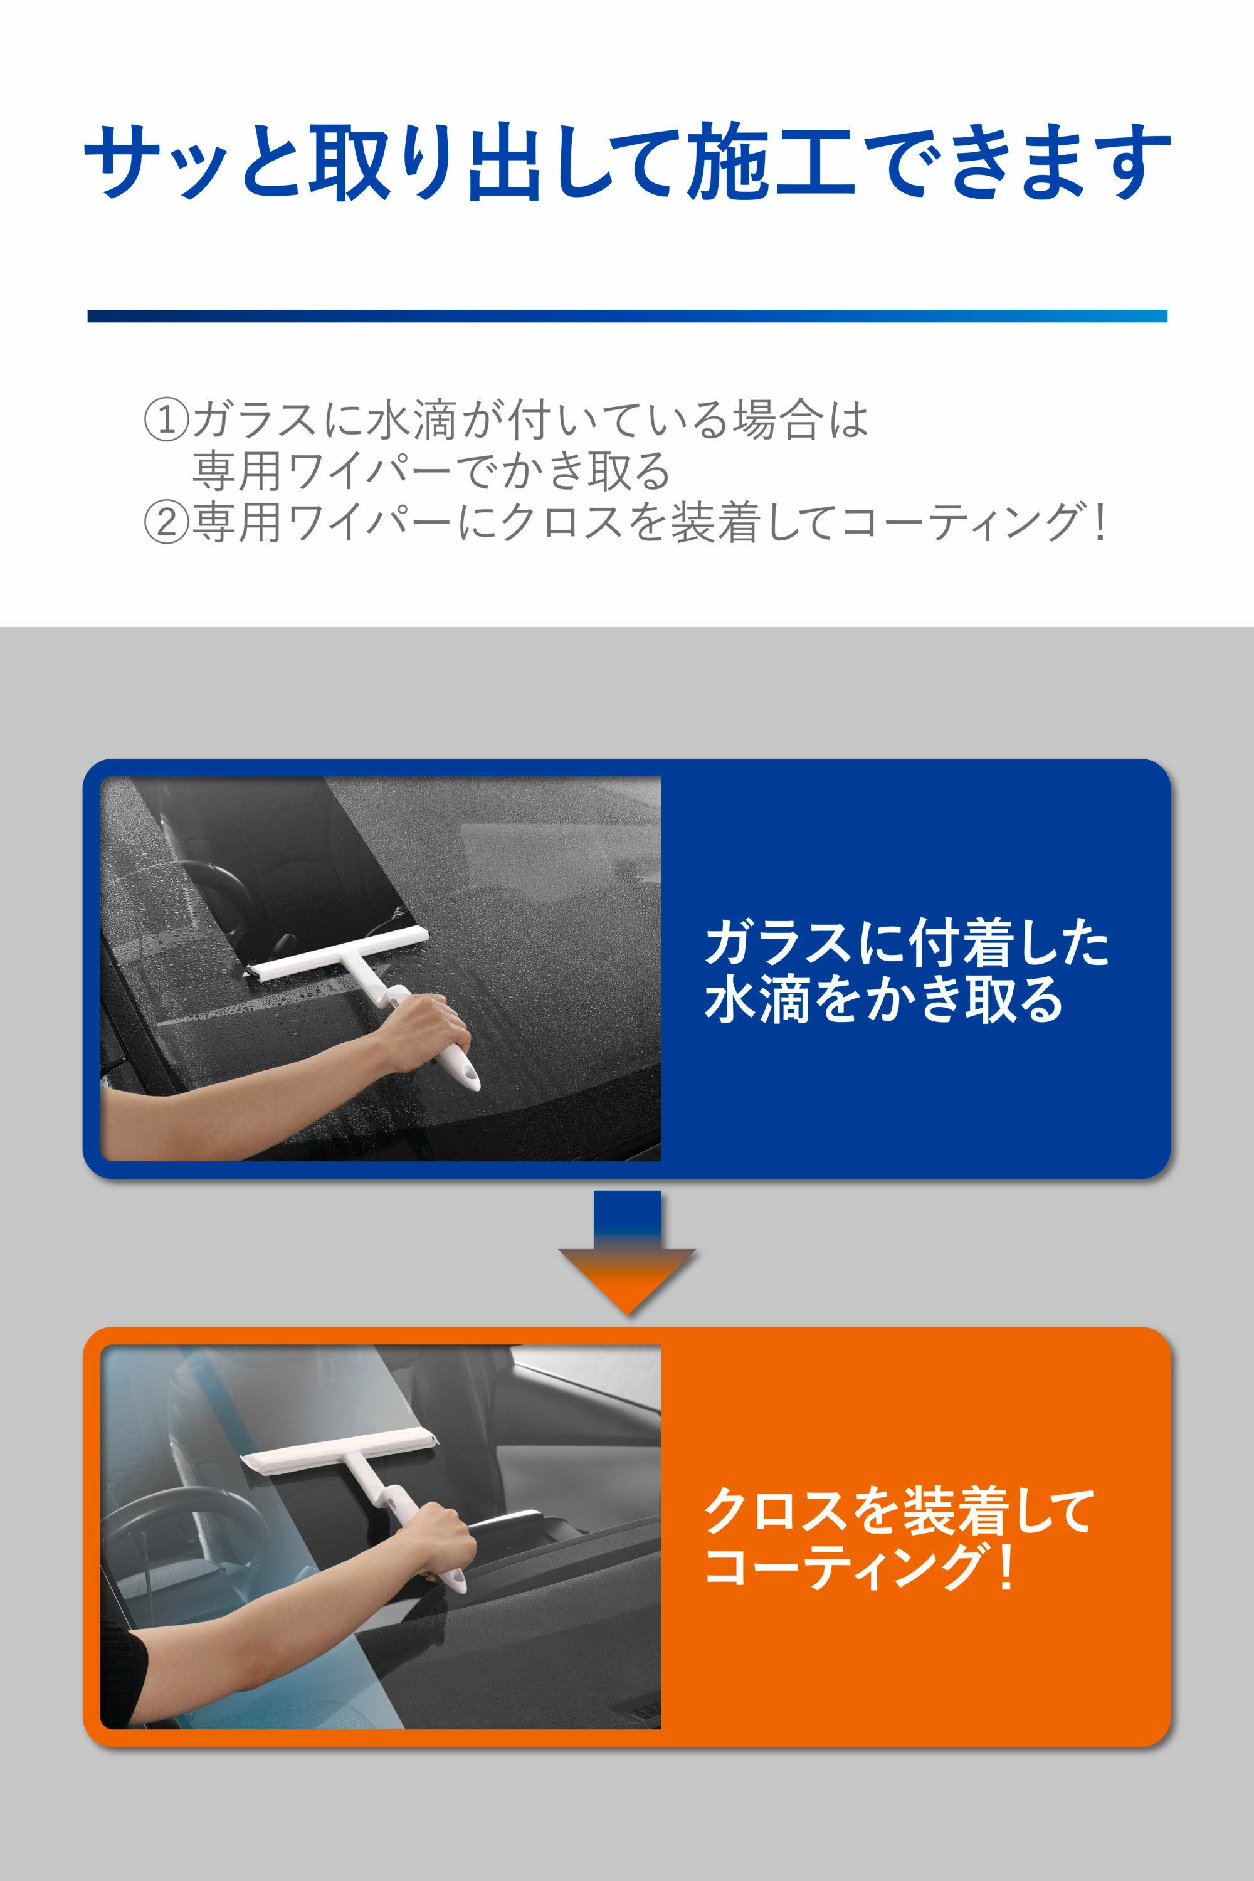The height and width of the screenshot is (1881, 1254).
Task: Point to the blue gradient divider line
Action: pos(627,316)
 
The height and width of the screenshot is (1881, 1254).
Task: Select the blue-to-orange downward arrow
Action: pos(627,1252)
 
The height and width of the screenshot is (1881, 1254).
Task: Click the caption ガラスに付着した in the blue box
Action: pos(907,944)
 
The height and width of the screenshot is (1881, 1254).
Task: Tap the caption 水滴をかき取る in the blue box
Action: pos(883,999)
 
